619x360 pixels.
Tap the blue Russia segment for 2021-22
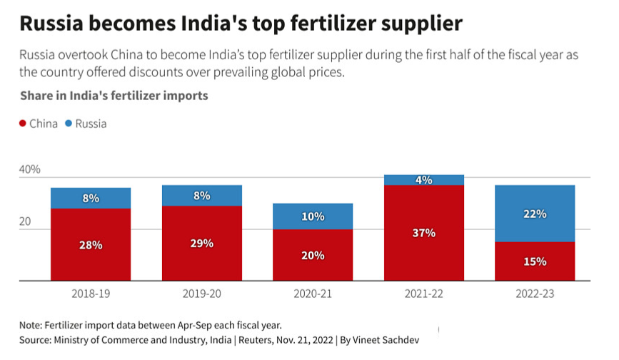coord(424,180)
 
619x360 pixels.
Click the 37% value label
coord(424,233)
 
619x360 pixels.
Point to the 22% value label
coord(535,214)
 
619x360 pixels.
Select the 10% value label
coord(313,216)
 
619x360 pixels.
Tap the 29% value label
coord(202,243)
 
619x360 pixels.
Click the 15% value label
coord(535,261)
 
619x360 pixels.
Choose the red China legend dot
coord(22,124)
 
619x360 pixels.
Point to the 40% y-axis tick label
coord(29,170)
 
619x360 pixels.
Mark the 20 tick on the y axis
coord(26,222)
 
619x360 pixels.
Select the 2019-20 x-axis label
coord(202,294)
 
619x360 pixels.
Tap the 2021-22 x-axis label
coord(424,294)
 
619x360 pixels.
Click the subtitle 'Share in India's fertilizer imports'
coord(114,96)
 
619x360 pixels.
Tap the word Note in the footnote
coord(32,326)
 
